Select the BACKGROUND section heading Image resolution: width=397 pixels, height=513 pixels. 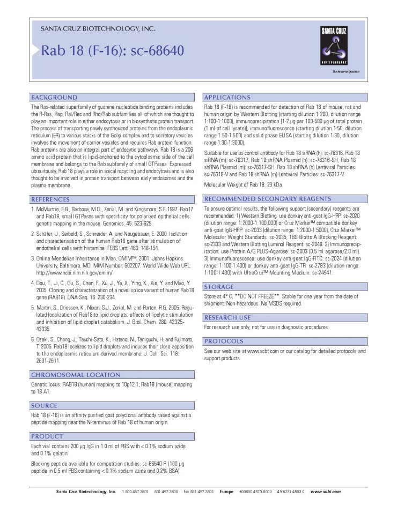coord(54,98)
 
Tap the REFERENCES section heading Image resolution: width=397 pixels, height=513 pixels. coord(54,199)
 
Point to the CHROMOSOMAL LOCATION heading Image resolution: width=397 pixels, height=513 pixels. coord(75,375)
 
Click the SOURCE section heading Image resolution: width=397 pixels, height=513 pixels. coord(44,406)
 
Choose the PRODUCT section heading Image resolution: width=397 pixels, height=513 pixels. coord(47,436)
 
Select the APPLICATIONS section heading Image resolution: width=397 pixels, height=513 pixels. coord(227,98)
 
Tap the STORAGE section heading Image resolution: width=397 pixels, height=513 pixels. coord(219,287)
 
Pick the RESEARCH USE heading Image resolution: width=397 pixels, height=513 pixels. coord(227,317)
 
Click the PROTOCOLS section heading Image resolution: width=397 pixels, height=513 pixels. coord(224,341)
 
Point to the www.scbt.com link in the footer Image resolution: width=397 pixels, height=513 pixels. coord(325,492)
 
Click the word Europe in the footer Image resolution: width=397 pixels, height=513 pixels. coord(226,492)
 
